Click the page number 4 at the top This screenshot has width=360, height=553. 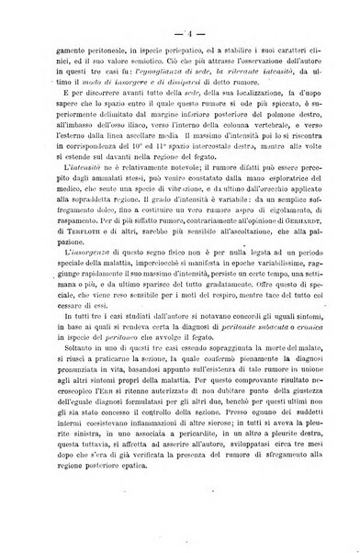(182, 15)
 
